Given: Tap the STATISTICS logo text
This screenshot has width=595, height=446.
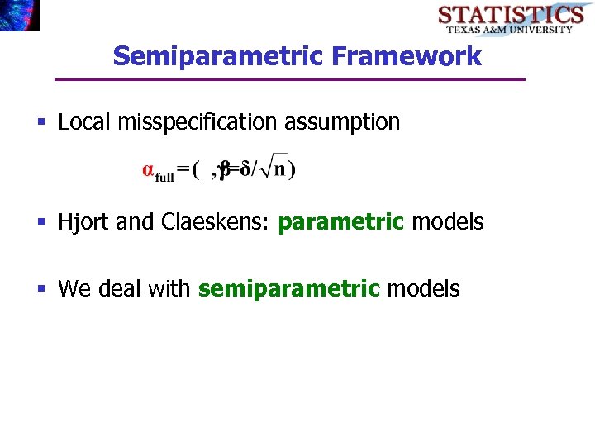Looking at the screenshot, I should (510, 14).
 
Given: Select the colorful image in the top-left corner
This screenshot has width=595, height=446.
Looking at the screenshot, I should (19, 15).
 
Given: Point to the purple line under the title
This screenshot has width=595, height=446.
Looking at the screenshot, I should (289, 79).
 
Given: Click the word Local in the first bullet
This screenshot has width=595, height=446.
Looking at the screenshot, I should (85, 122).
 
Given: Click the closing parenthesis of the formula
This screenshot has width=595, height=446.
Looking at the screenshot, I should (293, 169).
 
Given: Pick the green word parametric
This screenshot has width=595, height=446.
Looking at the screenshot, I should (341, 222).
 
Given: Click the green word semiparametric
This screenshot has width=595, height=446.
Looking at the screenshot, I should (289, 289).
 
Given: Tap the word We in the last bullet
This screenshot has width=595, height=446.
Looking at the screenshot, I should (74, 289).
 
